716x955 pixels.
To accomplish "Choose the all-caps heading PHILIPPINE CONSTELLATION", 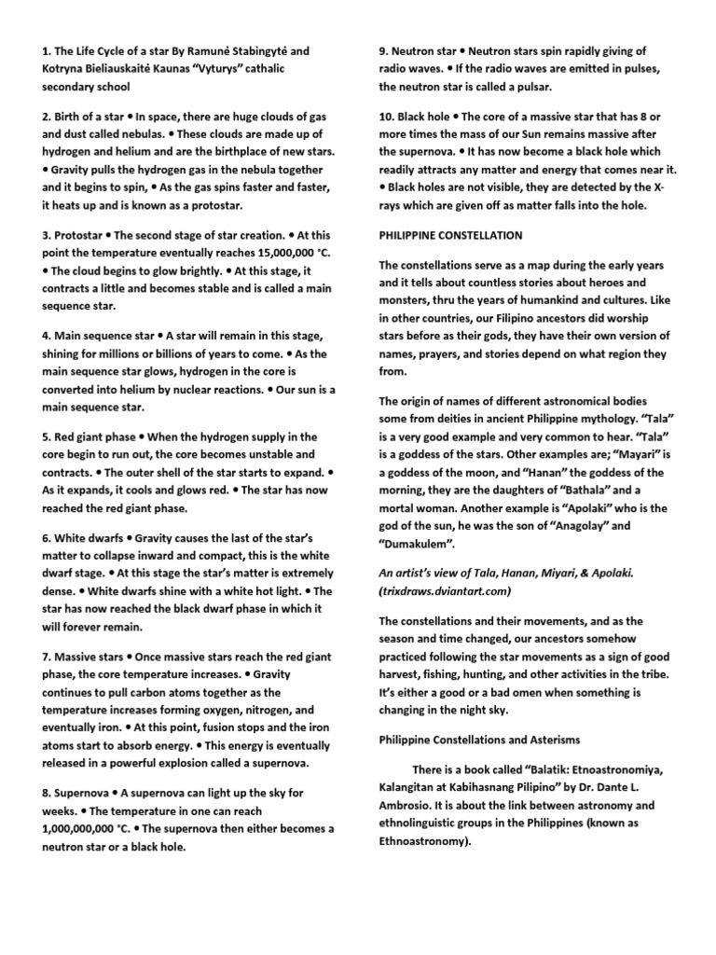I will click(x=450, y=235).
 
